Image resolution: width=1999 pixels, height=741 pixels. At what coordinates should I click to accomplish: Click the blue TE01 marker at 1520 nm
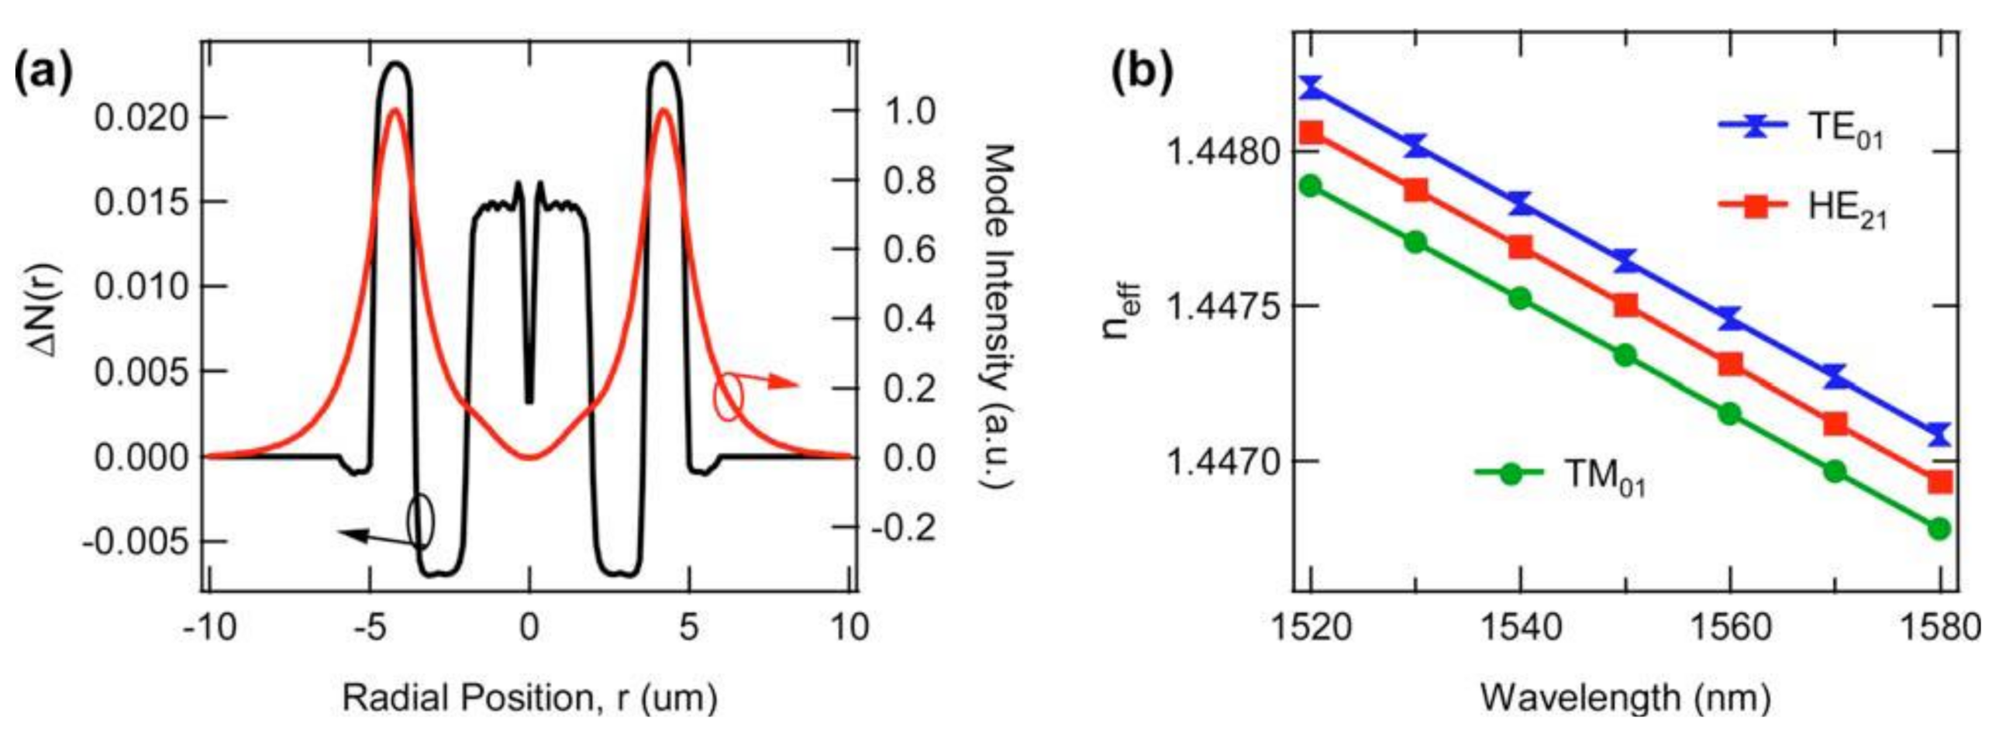point(1312,87)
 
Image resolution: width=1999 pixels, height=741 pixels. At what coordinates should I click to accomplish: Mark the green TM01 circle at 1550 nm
point(1625,355)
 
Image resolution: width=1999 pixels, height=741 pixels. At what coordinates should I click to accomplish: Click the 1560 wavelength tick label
point(1731,627)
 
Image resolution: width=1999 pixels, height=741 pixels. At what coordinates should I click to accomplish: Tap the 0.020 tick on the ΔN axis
point(140,118)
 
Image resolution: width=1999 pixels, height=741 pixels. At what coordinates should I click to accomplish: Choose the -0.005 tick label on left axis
point(134,542)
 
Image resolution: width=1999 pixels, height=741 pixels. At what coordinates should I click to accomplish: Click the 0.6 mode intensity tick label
point(909,250)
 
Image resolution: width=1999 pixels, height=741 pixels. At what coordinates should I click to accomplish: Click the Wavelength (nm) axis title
point(1625,697)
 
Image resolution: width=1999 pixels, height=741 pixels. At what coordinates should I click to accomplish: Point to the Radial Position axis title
point(529,697)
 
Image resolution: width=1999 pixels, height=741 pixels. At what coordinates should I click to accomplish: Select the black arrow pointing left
point(373,537)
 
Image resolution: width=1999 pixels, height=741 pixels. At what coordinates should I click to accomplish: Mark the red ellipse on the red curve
point(729,398)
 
